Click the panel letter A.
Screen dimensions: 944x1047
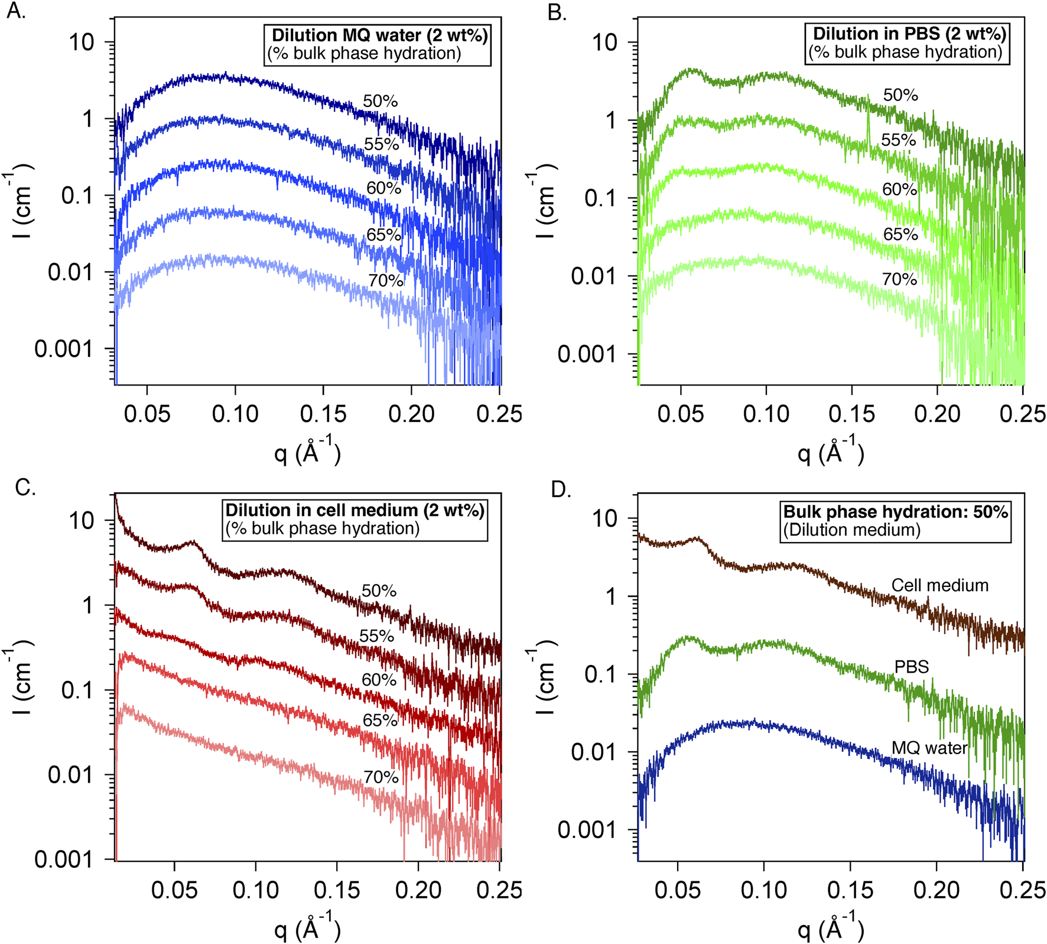coord(16,11)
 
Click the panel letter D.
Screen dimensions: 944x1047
coord(560,490)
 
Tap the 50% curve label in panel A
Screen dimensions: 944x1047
coord(380,101)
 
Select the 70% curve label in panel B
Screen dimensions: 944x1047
coord(899,279)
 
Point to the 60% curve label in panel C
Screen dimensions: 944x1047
coord(379,680)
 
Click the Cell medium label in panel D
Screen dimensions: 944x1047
coord(939,585)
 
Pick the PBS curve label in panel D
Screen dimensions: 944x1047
coord(911,667)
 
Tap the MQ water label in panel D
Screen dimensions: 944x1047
coord(929,748)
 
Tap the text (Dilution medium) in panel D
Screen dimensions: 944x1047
coord(851,530)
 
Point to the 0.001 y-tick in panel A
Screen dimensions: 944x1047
coord(63,349)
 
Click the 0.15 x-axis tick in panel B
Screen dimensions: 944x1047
coord(851,414)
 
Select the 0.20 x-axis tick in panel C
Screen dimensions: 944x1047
coord(418,890)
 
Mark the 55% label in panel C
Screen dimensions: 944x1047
coord(376,636)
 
